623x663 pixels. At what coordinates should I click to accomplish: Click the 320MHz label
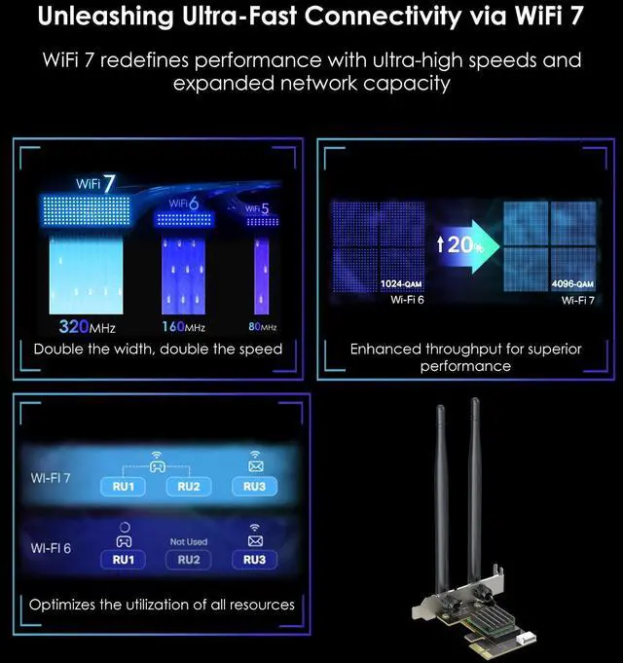pyautogui.click(x=87, y=326)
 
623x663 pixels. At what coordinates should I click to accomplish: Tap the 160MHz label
pyautogui.click(x=183, y=327)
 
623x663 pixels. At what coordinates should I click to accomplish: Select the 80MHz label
pyautogui.click(x=263, y=327)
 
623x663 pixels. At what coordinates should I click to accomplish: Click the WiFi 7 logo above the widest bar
pyautogui.click(x=95, y=184)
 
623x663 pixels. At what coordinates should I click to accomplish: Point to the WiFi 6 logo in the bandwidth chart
pyautogui.click(x=184, y=203)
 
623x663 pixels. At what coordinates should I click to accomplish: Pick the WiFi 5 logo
pyautogui.click(x=257, y=208)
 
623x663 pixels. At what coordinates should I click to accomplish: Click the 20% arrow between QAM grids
pyautogui.click(x=468, y=246)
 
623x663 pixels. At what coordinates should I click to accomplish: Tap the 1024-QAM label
pyautogui.click(x=401, y=283)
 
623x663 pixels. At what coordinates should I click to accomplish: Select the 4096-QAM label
pyautogui.click(x=572, y=283)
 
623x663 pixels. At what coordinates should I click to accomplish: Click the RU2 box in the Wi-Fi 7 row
pyautogui.click(x=189, y=487)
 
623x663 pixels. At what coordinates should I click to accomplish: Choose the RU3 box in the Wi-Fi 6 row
pyautogui.click(x=254, y=560)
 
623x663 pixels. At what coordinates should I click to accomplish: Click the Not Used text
pyautogui.click(x=189, y=541)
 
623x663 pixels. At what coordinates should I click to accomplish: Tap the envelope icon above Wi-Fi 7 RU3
pyautogui.click(x=255, y=466)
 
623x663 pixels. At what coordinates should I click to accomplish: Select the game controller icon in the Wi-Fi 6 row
pyautogui.click(x=124, y=541)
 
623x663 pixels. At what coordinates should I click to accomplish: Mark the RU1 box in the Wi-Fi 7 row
pyautogui.click(x=123, y=487)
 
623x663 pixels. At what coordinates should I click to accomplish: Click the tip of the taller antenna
pyautogui.click(x=475, y=399)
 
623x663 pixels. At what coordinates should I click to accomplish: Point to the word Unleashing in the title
pyautogui.click(x=106, y=17)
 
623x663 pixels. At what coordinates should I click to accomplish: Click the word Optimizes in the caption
pyautogui.click(x=62, y=605)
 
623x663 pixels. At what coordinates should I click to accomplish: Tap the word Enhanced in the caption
pyautogui.click(x=385, y=350)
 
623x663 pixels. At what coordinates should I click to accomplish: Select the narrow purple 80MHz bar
pyautogui.click(x=262, y=276)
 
